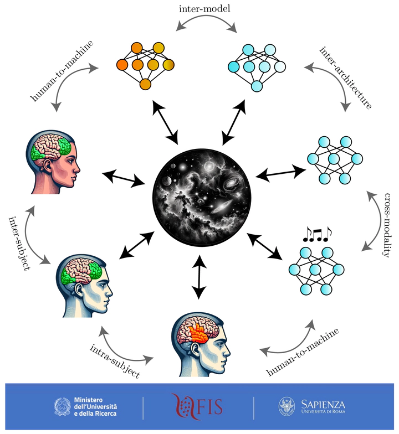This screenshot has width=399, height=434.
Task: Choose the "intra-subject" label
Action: pyautogui.click(x=115, y=361)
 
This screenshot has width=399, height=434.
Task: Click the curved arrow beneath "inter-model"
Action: pyautogui.click(x=208, y=23)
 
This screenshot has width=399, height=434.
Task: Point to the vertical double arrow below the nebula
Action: pyautogui.click(x=198, y=276)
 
